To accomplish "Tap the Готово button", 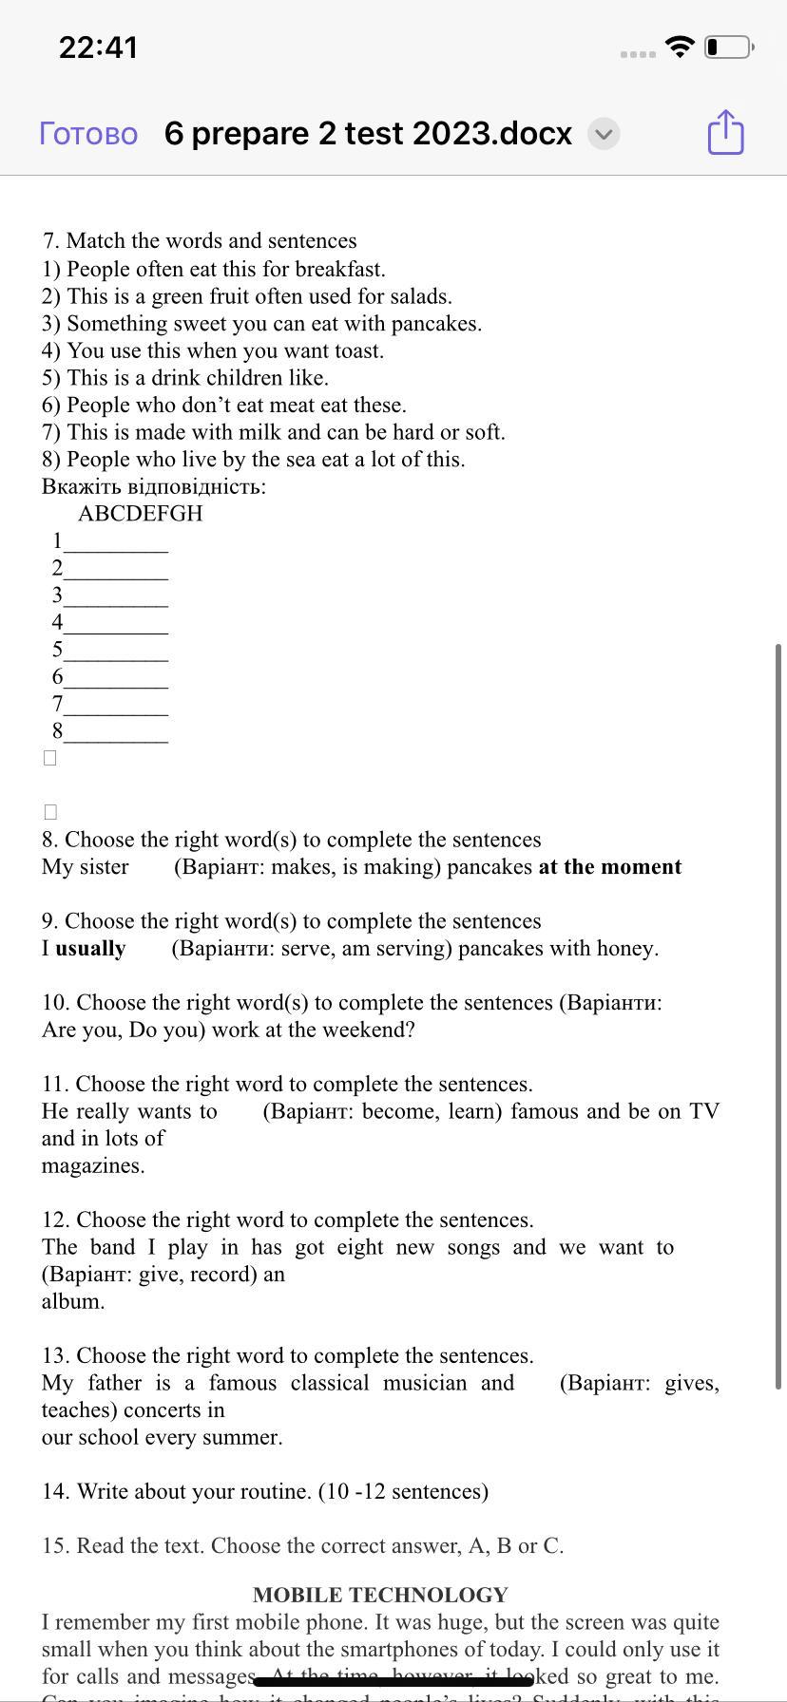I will pyautogui.click(x=88, y=134).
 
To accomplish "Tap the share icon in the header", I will pyautogui.click(x=725, y=132).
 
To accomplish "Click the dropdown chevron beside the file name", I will pyautogui.click(x=603, y=134).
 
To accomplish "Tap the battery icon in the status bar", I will pyautogui.click(x=729, y=47).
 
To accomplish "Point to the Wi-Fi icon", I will pyautogui.click(x=679, y=47).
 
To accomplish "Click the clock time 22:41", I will pyautogui.click(x=98, y=47).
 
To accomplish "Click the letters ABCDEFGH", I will pyautogui.click(x=141, y=514).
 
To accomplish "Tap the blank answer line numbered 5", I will pyautogui.click(x=115, y=652).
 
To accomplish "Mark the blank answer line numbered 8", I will pyautogui.click(x=115, y=733).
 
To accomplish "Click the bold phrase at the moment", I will pyautogui.click(x=609, y=867).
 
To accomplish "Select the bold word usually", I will pyautogui.click(x=90, y=949).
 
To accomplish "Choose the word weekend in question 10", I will pyautogui.click(x=368, y=1031).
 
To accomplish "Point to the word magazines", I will pyautogui.click(x=92, y=1166).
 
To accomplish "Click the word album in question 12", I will pyautogui.click(x=72, y=1302).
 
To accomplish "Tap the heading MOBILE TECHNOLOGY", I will pyautogui.click(x=380, y=1595).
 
